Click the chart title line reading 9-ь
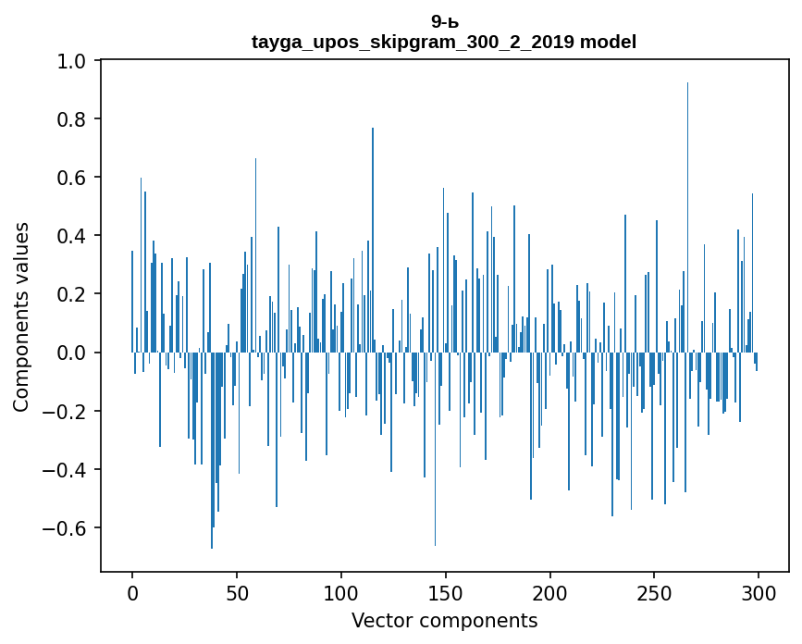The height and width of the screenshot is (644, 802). coord(444,21)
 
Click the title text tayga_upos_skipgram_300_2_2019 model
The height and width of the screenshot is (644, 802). coord(444,42)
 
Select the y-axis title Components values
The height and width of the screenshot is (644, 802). coord(20,316)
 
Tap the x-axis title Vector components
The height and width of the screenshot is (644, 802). coord(444,621)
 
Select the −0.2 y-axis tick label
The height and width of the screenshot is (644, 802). coord(67,411)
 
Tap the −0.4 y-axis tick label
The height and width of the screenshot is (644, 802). coord(67,470)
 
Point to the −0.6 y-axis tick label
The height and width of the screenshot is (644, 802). coord(67,528)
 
